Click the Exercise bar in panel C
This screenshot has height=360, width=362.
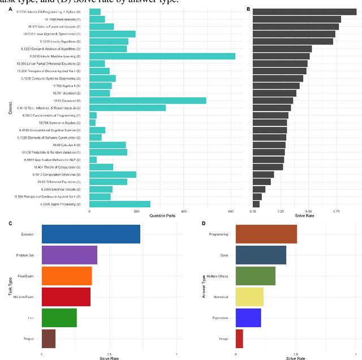[90, 234]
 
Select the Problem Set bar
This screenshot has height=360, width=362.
[70, 255]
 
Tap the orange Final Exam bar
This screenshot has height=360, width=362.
[67, 276]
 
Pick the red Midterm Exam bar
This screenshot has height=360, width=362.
[66, 297]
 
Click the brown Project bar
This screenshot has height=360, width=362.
[49, 338]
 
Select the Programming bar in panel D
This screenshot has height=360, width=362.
[266, 234]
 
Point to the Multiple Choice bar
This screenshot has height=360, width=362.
[255, 276]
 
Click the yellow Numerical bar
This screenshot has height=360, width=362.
[249, 297]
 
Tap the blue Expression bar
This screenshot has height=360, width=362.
[248, 318]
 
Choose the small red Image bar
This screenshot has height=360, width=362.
[239, 338]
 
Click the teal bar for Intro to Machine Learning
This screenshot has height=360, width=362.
[162, 56]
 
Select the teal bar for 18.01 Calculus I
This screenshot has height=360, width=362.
[148, 100]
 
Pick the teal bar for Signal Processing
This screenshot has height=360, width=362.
[120, 204]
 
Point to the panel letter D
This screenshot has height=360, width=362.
[204, 224]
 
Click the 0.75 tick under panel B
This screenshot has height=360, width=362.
[336, 211]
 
